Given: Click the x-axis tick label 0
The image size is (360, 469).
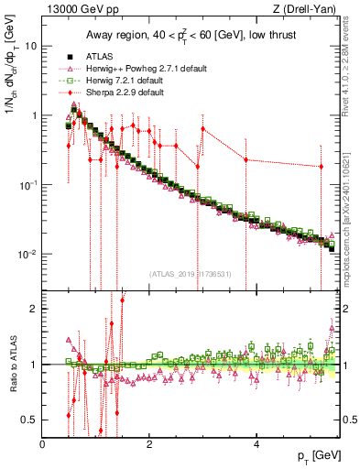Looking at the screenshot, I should point(43,444).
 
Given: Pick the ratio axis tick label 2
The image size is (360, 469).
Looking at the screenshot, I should point(34,309).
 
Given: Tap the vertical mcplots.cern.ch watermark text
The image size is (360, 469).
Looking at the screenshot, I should point(351,219).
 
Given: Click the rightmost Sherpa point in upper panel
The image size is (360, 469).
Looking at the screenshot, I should point(322,167).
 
